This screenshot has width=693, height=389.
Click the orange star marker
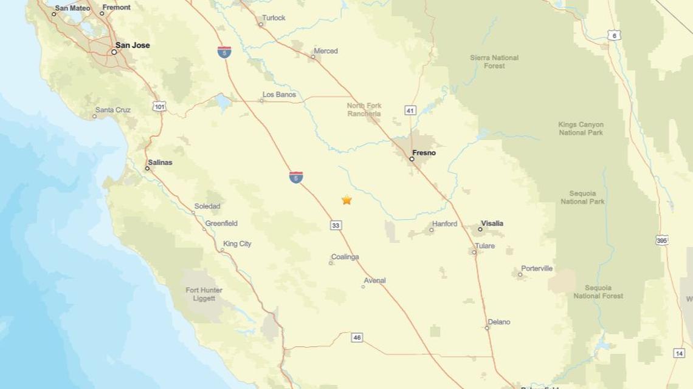346,200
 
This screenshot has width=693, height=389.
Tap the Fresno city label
424,153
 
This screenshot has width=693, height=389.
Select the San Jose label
133,46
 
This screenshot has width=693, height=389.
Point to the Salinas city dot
147,169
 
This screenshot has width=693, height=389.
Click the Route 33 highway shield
336,226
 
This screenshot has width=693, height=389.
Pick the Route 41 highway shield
410,110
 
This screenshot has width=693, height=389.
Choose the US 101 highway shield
159,107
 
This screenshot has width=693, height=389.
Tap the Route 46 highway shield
357,337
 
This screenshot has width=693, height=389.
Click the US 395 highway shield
663,241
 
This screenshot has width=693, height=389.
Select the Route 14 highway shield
679,353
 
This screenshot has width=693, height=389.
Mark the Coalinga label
345,257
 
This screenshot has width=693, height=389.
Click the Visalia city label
492,223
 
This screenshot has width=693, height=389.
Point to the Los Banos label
279,95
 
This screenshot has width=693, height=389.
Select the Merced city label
325,52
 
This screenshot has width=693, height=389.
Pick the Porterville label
537,268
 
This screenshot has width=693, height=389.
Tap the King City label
237,244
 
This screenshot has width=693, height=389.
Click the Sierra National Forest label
494,62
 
